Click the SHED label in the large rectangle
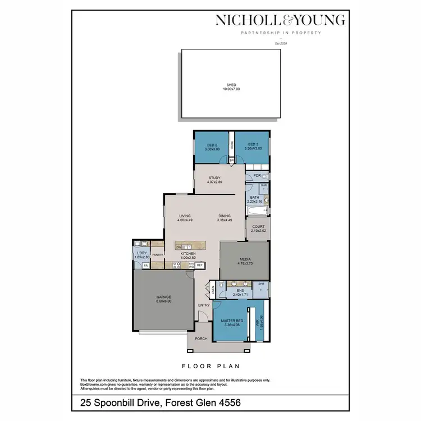click(231, 85)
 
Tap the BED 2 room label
click(212, 144)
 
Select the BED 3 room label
click(252, 144)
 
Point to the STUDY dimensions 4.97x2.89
click(215, 182)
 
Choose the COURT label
click(258, 227)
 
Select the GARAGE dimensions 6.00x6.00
click(164, 301)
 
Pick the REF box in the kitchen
click(199, 264)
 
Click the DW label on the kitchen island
click(179, 246)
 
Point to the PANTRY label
click(157, 254)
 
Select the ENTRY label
click(204, 305)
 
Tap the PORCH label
click(200, 339)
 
